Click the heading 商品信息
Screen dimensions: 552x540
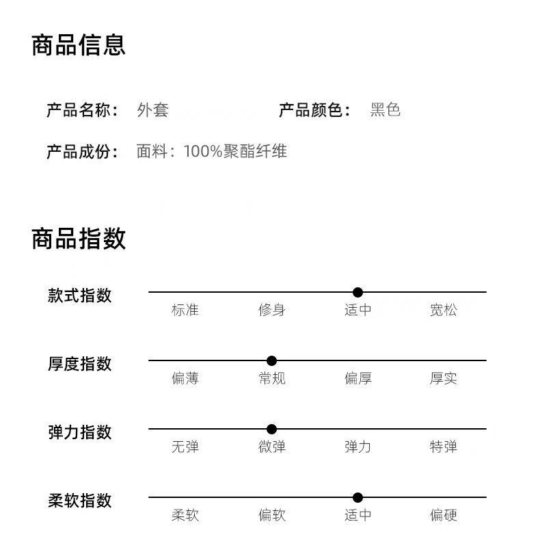tap(79, 45)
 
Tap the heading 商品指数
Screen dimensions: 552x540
tap(79, 239)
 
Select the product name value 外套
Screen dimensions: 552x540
tap(152, 110)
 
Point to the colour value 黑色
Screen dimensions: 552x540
tap(385, 110)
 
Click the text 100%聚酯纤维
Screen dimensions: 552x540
tap(235, 151)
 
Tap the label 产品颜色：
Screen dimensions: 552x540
tap(314, 110)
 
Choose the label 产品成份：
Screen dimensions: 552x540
tap(82, 151)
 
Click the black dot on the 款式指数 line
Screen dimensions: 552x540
tap(357, 292)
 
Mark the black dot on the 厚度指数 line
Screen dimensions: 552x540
tap(271, 360)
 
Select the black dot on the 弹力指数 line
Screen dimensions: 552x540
tap(271, 429)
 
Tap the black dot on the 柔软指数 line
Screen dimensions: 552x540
tap(357, 497)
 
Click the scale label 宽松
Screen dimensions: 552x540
tap(443, 310)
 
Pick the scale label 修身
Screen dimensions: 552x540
tap(271, 310)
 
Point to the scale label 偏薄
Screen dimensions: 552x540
tap(185, 378)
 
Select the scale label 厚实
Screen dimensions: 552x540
tap(443, 378)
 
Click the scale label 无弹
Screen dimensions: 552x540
tap(185, 447)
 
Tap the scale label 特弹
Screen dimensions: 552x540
tap(443, 447)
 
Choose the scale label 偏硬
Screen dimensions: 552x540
tap(443, 515)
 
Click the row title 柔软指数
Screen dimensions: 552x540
tap(79, 501)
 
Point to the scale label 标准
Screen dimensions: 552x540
tap(185, 310)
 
